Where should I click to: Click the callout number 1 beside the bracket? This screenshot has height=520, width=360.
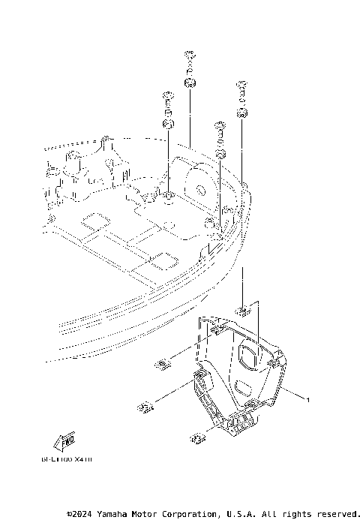point(307,400)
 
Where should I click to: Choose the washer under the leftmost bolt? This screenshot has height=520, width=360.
point(168,122)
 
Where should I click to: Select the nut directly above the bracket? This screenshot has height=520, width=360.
point(244,309)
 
